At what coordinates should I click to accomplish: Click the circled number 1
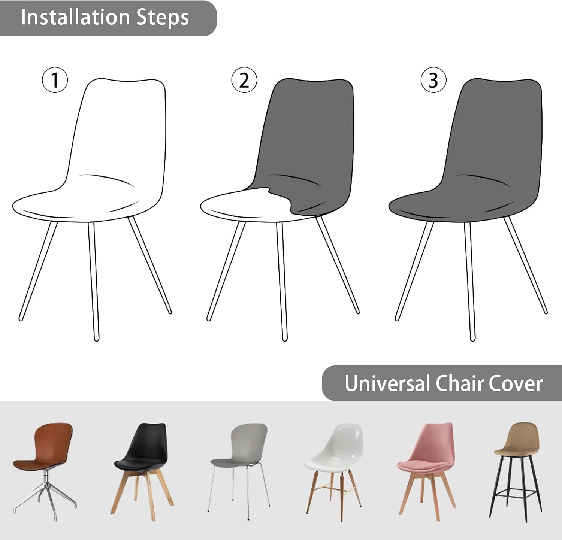55,80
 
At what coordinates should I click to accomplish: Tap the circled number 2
244,80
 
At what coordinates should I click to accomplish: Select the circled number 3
433,80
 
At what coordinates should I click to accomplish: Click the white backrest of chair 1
120,127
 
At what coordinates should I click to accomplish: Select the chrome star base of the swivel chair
45,498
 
